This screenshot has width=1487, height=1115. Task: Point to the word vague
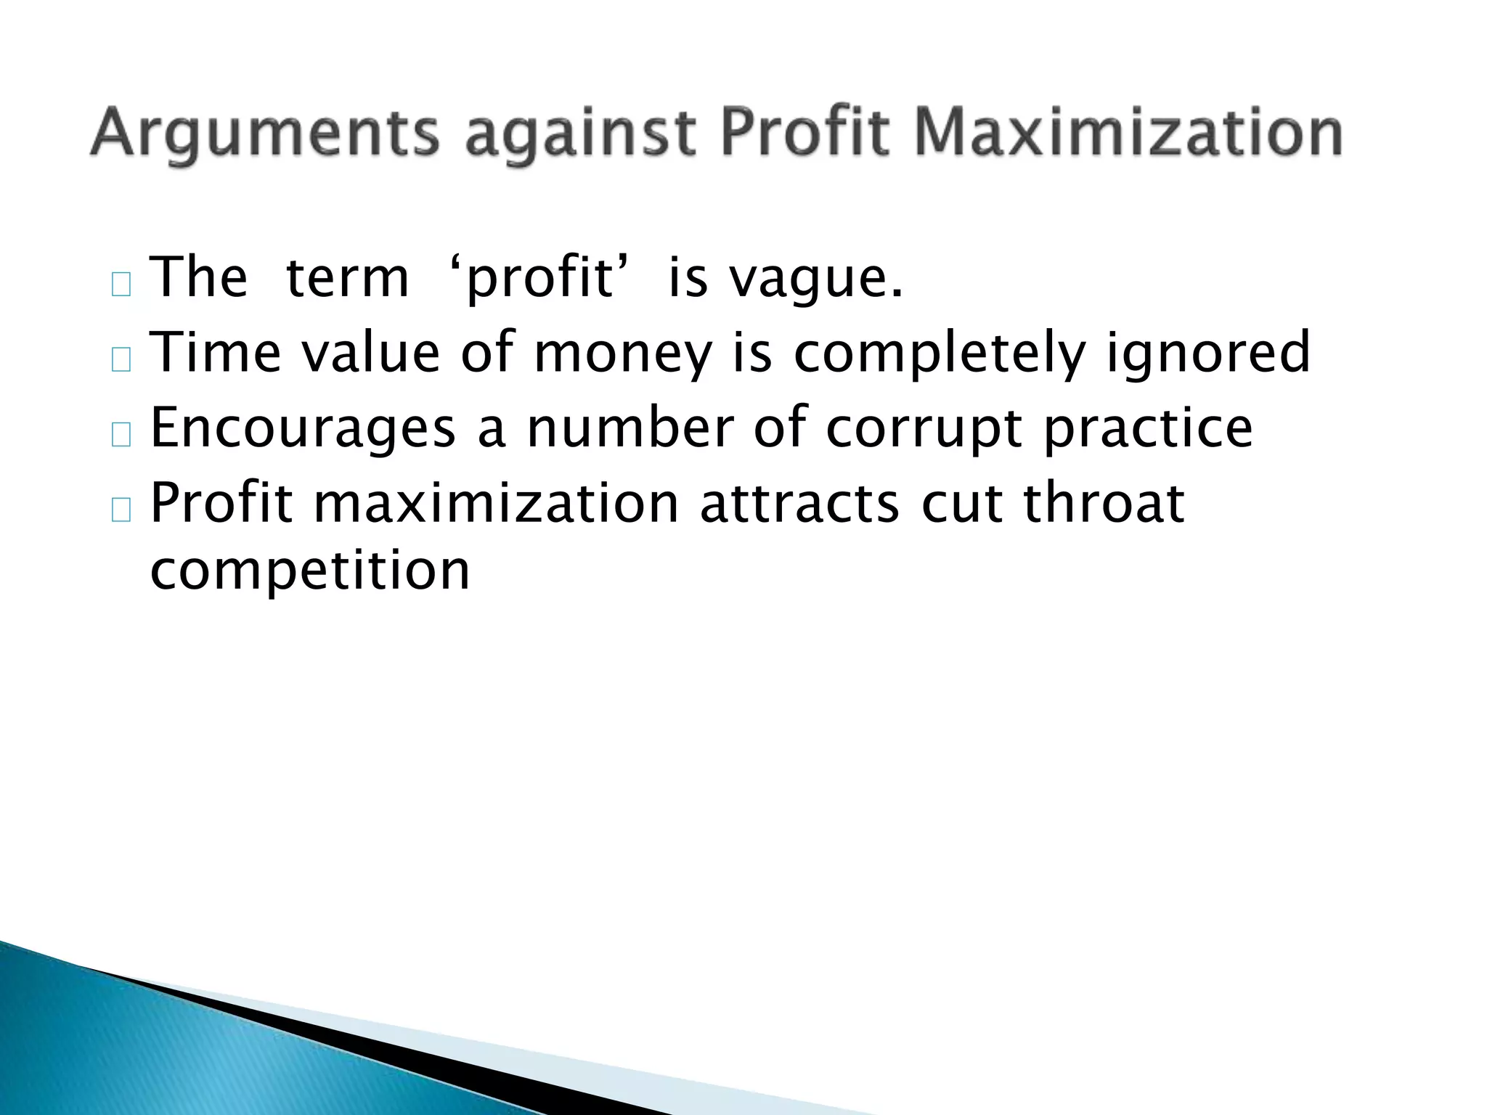tap(816, 279)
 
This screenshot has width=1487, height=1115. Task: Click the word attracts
tap(799, 504)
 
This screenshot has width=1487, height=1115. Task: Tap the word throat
tap(1104, 504)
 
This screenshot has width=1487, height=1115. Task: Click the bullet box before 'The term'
tap(121, 285)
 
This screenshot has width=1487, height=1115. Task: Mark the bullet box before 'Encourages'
tap(121, 435)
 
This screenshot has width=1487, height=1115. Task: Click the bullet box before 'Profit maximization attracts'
tap(121, 510)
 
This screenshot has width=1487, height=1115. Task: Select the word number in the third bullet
tap(630, 428)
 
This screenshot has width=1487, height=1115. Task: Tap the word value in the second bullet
tap(370, 353)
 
